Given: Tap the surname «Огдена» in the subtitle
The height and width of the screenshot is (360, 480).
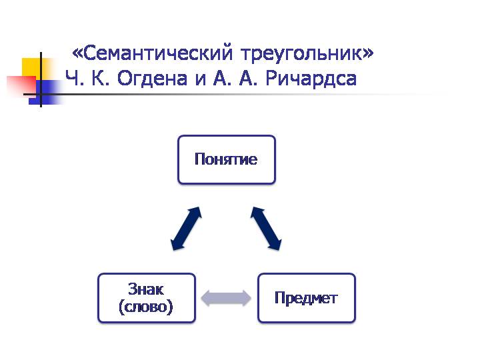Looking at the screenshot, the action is [x=152, y=79].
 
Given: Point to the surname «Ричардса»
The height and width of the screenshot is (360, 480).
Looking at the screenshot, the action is [x=311, y=79].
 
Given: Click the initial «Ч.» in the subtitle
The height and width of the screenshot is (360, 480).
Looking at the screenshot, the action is [x=75, y=79].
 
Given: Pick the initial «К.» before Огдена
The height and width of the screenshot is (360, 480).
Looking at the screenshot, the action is [x=101, y=78].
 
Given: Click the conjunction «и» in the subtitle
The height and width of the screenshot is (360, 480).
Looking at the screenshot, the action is [x=201, y=79].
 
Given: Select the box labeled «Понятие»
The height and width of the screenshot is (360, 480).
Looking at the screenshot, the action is [x=227, y=159].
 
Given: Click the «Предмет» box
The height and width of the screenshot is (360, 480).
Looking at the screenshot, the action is [x=307, y=298].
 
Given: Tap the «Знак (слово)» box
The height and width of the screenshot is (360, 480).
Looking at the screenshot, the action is [x=146, y=298].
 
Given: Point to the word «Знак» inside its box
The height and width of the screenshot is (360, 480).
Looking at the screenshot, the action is [x=146, y=289].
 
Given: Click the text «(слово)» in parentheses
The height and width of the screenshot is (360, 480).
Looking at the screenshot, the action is [x=146, y=307].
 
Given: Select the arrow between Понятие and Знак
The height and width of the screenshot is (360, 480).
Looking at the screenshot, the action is [x=186, y=229].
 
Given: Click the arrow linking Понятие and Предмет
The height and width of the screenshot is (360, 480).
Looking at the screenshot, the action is [x=266, y=229].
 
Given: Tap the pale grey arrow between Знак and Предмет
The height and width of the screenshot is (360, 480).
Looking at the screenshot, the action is [x=226, y=298].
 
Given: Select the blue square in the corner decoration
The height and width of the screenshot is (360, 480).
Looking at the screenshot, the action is [x=46, y=92].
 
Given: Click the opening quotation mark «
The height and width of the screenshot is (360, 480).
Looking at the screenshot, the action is [x=77, y=54].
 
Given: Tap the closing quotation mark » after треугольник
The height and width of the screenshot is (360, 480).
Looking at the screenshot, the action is [x=368, y=54].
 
